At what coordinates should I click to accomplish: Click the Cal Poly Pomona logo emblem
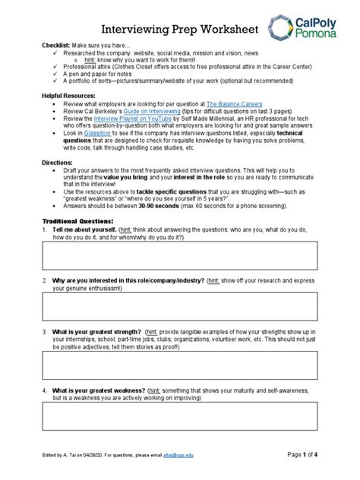(x=281, y=28)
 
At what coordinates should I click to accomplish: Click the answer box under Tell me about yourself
(x=179, y=257)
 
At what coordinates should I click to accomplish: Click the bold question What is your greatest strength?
(x=96, y=332)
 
